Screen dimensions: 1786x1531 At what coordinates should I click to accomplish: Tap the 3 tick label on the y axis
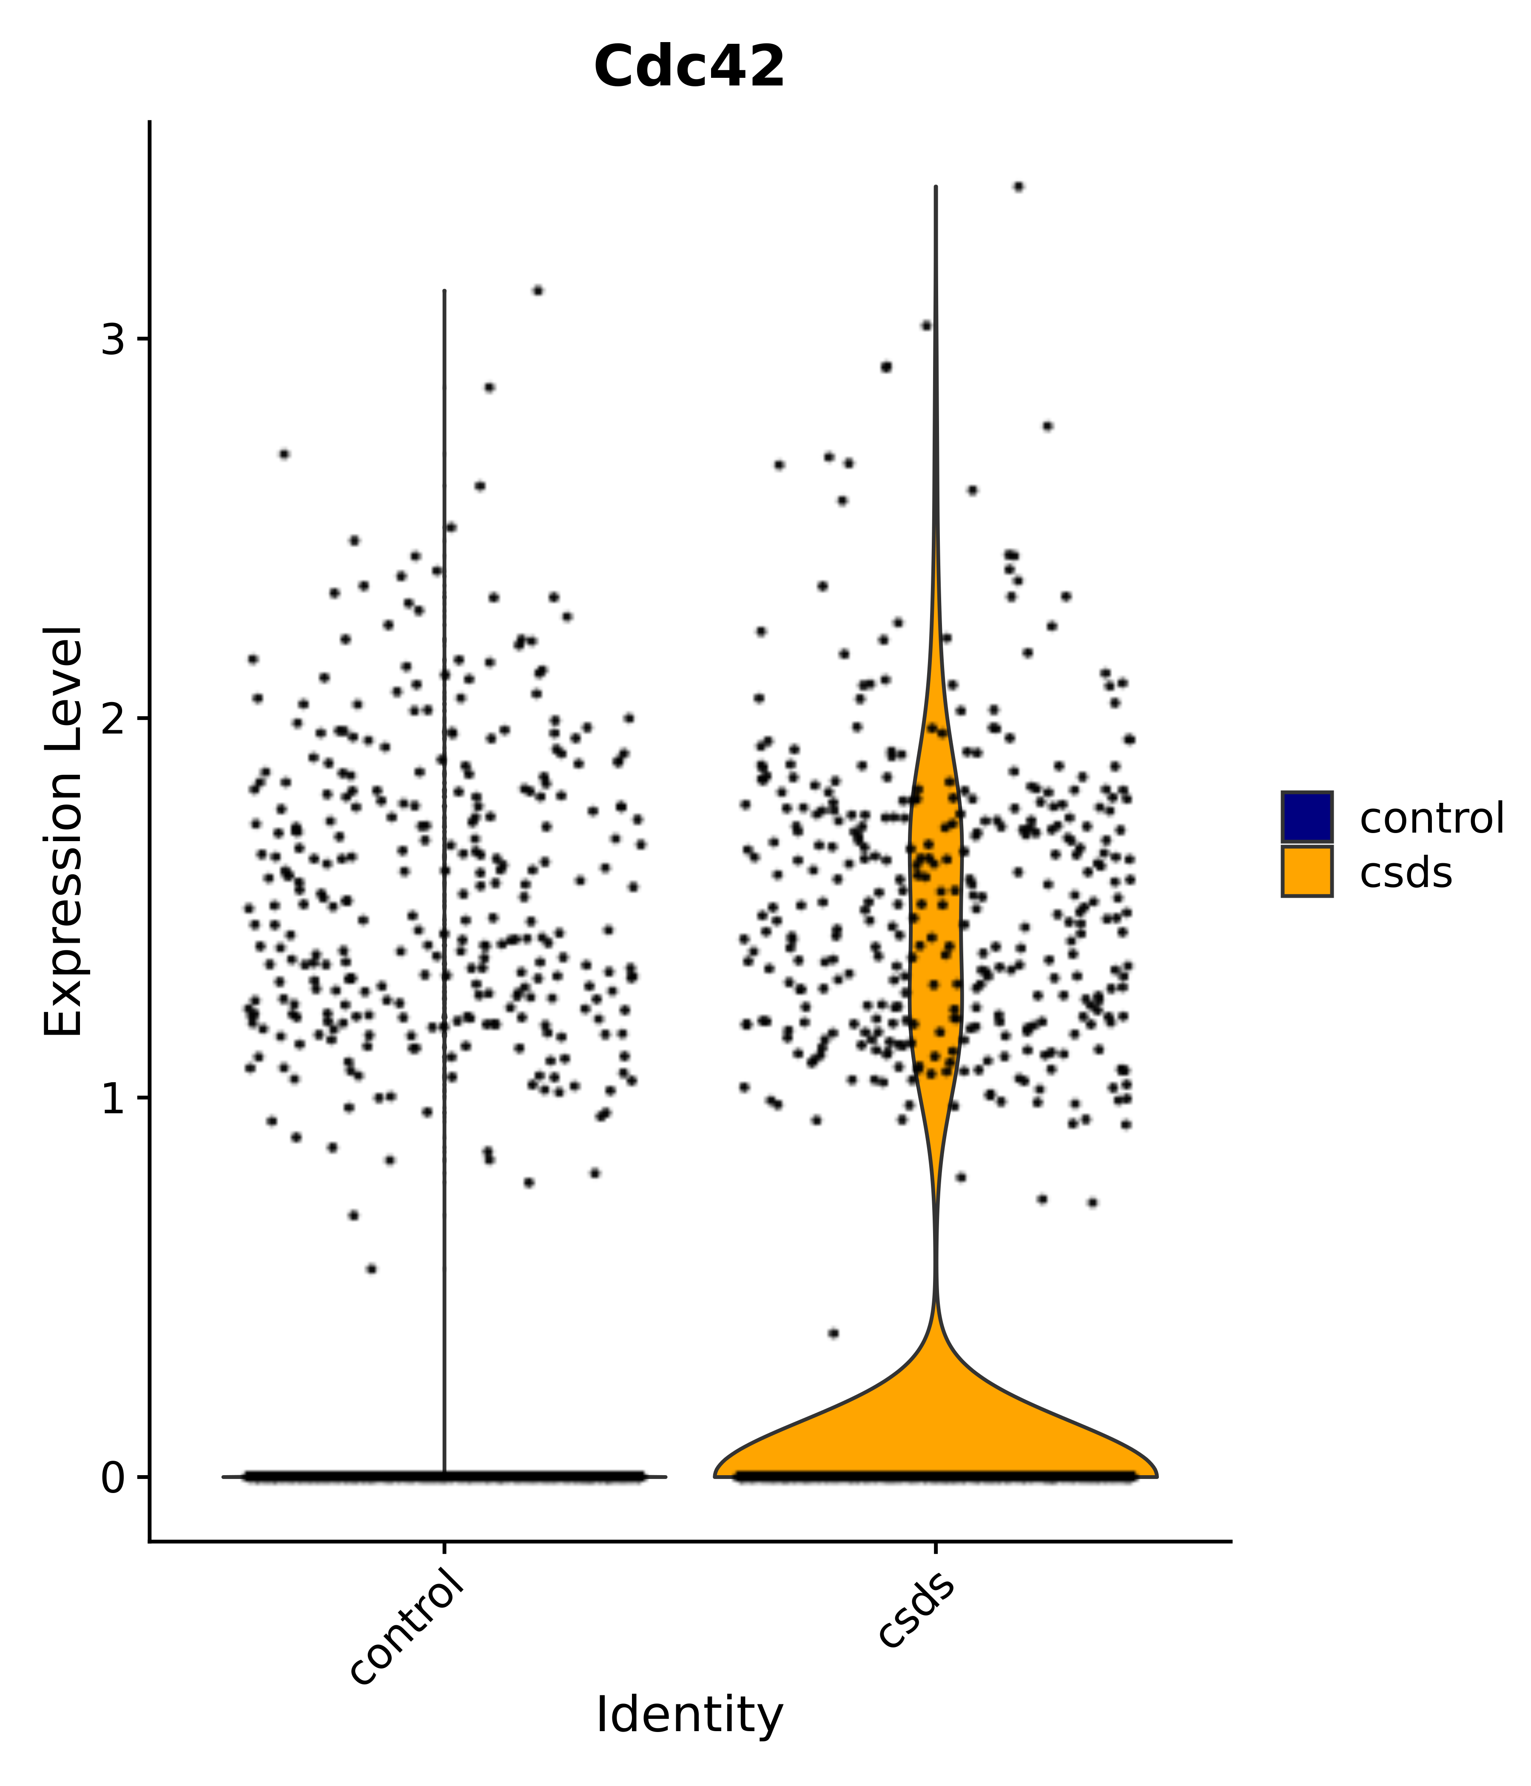113,341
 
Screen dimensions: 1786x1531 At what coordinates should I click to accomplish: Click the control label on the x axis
410,1621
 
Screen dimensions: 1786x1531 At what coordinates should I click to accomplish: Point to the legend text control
1431,818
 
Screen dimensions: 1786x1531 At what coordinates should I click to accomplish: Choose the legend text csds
1405,873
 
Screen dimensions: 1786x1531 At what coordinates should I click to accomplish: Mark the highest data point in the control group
538,290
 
